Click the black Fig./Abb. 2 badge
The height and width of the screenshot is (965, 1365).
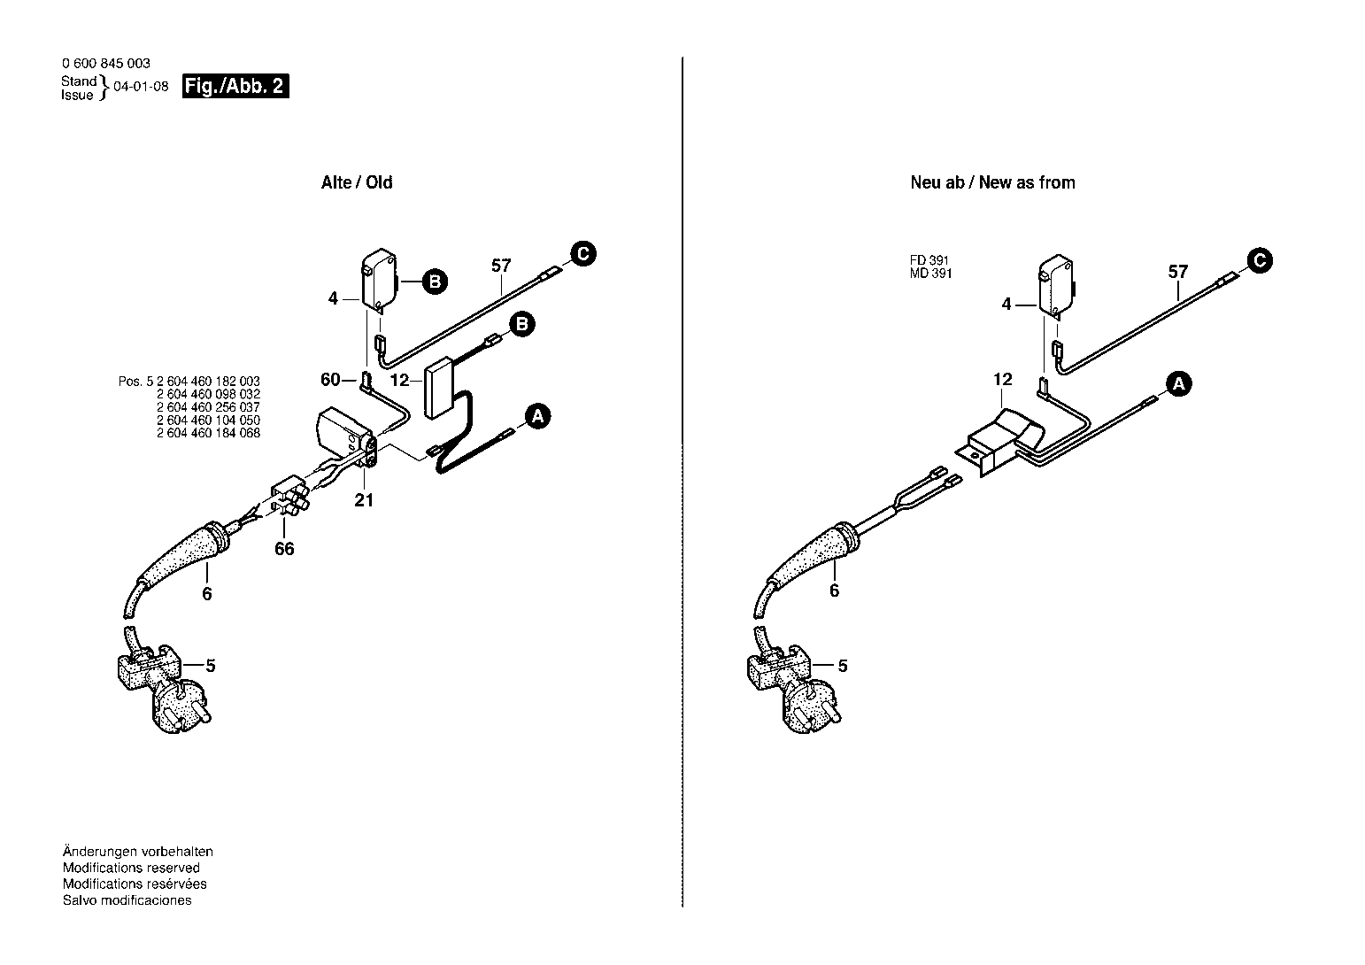[235, 86]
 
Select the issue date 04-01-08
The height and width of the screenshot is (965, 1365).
[141, 87]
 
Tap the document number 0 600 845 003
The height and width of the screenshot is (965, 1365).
[106, 64]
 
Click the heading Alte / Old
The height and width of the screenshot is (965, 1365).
[357, 182]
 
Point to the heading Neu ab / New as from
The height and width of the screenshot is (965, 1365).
[992, 182]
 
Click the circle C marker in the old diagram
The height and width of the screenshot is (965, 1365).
[583, 253]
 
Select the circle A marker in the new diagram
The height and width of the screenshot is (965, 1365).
[1179, 384]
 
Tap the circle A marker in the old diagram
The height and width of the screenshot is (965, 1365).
[537, 416]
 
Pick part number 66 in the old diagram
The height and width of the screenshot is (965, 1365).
[284, 549]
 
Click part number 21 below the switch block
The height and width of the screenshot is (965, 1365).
[364, 500]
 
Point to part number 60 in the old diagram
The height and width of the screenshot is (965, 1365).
[330, 380]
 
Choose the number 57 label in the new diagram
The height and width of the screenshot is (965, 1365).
[1178, 272]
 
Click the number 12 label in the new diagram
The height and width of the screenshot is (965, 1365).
[1002, 380]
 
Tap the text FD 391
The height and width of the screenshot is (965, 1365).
[929, 260]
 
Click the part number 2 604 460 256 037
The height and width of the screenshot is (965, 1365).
[208, 407]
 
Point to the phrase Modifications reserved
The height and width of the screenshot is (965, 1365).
[131, 868]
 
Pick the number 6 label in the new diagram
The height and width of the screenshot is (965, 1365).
[834, 591]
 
